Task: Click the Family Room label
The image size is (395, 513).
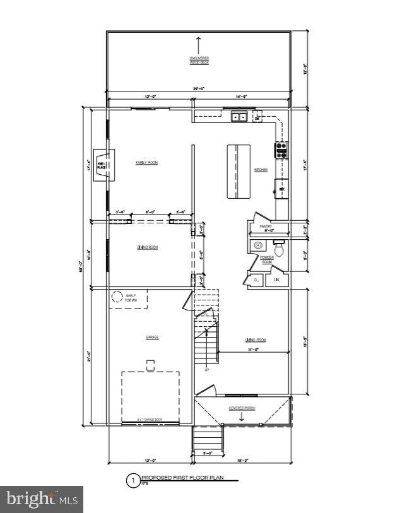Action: coord(147,163)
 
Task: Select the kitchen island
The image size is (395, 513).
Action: coord(239,172)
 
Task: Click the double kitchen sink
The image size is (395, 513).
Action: coord(239,117)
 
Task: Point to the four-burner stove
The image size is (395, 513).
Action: coord(281,150)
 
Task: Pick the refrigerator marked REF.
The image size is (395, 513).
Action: coord(281,189)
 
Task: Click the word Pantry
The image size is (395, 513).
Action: coord(265,225)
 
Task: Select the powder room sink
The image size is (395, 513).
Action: coord(257,245)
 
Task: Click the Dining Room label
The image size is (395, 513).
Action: coord(147,247)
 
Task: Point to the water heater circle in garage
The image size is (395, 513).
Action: coord(117,297)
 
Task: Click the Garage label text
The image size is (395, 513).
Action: coord(152,338)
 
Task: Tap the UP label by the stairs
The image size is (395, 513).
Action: coord(206,370)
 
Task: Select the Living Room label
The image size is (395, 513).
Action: coord(256,340)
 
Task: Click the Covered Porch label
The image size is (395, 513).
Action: coord(242,408)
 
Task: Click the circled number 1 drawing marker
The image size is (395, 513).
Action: coord(133,481)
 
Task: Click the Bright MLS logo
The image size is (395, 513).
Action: coord(42,499)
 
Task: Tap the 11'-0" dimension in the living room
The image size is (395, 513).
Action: coord(254,349)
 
